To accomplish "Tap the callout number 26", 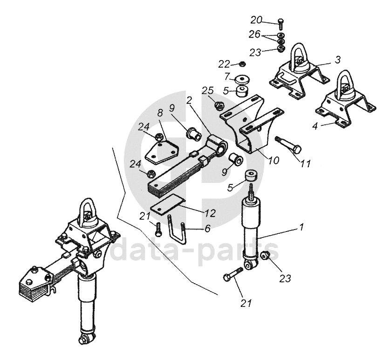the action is [x=254, y=34].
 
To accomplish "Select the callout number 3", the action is [x=337, y=59].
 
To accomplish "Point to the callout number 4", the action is [x=315, y=126].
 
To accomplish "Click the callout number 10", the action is [x=273, y=161].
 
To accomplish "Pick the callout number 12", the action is [x=210, y=213].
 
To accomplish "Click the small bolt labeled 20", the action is [x=280, y=23].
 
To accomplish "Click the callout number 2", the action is [x=189, y=101].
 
